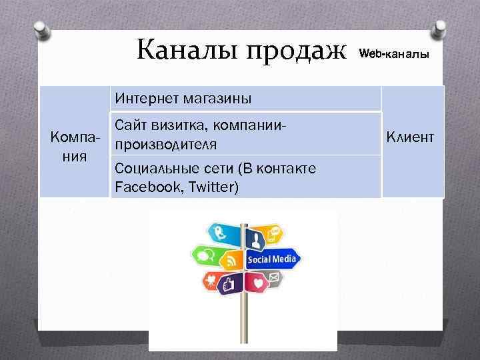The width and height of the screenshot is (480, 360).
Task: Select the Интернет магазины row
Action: click(183, 99)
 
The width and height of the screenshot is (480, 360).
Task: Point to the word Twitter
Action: click(211, 187)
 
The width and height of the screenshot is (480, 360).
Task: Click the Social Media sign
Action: click(272, 259)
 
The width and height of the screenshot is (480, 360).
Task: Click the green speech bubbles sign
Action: click(204, 255)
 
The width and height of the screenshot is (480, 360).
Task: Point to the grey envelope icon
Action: click(275, 276)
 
